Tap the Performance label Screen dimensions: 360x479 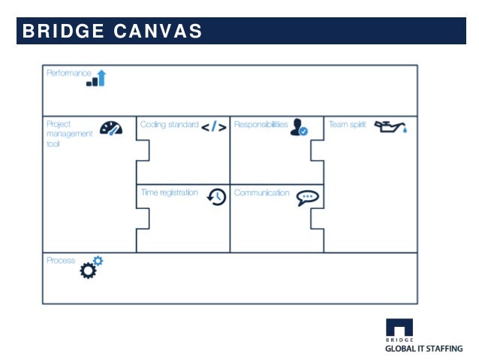coord(68,73)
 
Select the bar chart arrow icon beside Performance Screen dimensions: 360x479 coord(96,77)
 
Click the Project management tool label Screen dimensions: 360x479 coord(69,133)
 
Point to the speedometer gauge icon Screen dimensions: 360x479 coord(110,128)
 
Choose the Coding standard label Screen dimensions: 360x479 coord(169,125)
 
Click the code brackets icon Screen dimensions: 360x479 coord(213,126)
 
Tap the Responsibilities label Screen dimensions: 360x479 coord(261,125)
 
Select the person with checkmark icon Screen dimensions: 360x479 coord(299,126)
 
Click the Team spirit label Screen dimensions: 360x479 coord(347,125)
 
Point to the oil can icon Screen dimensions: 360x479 coord(391,126)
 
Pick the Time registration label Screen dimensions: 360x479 coord(170,192)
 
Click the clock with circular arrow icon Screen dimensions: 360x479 coord(216,196)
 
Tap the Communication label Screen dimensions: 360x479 coord(261,192)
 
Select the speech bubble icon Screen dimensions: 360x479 coord(307,197)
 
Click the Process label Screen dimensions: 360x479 coord(61,260)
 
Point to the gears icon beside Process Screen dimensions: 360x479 coord(91,268)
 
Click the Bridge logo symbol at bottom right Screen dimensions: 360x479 coord(399,327)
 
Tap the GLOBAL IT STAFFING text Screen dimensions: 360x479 coord(423,348)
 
